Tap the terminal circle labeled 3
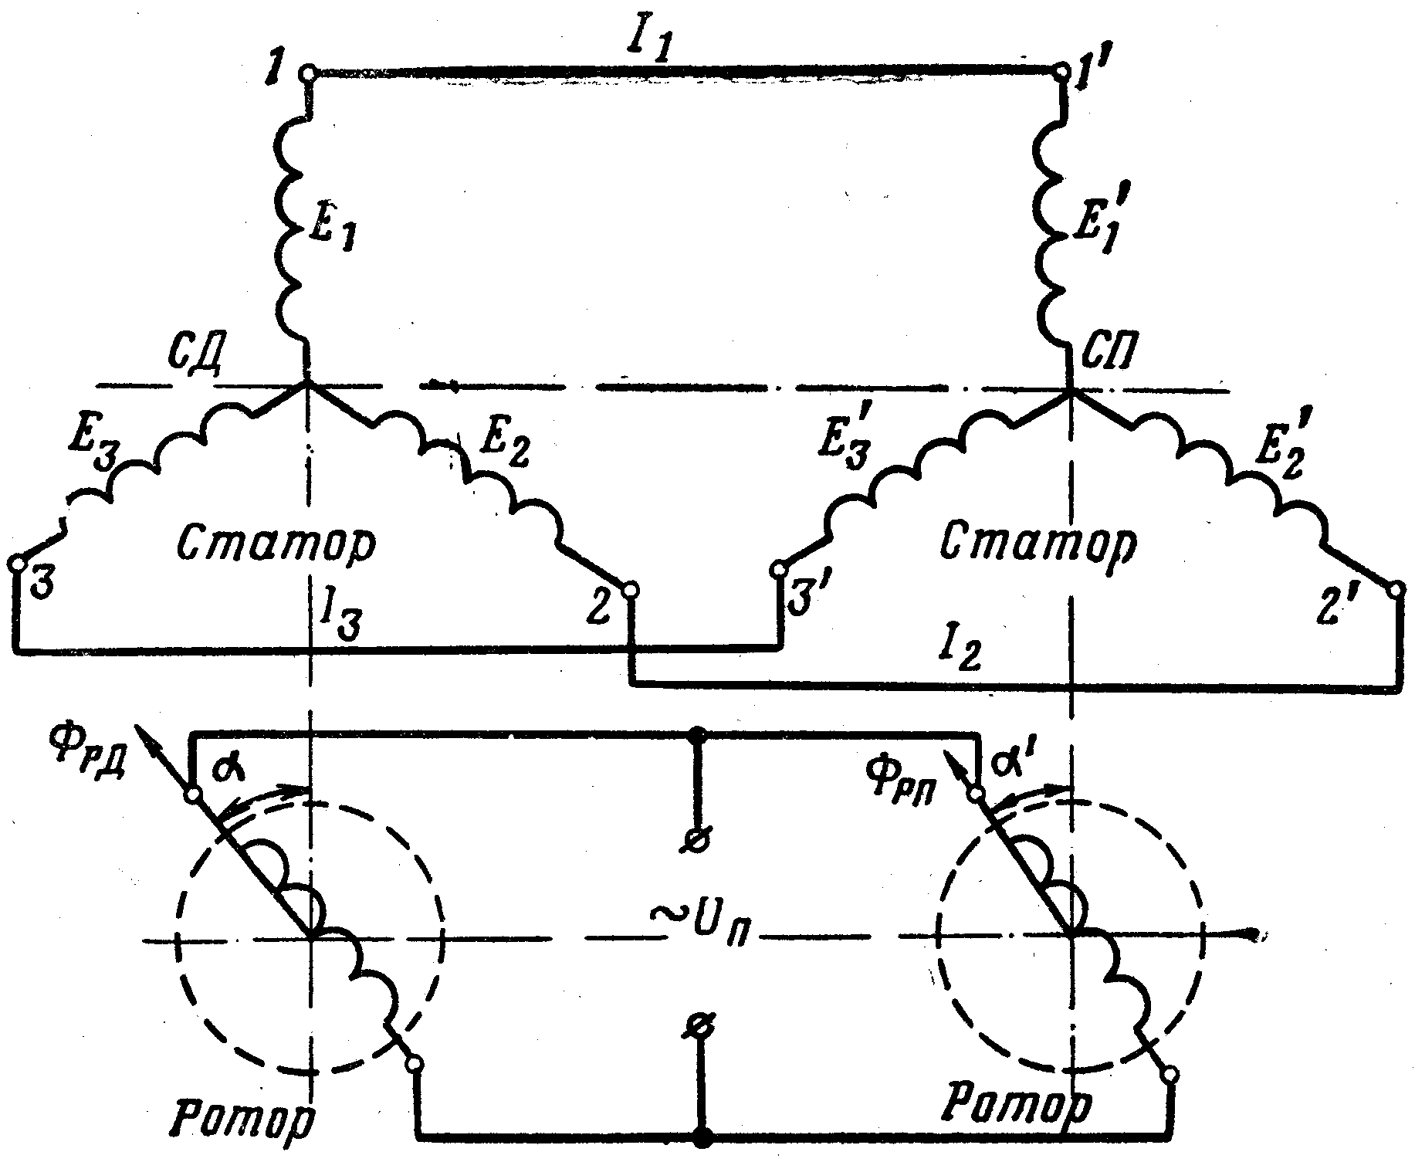16,563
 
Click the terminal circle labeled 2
630,591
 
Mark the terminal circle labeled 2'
1395,591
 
